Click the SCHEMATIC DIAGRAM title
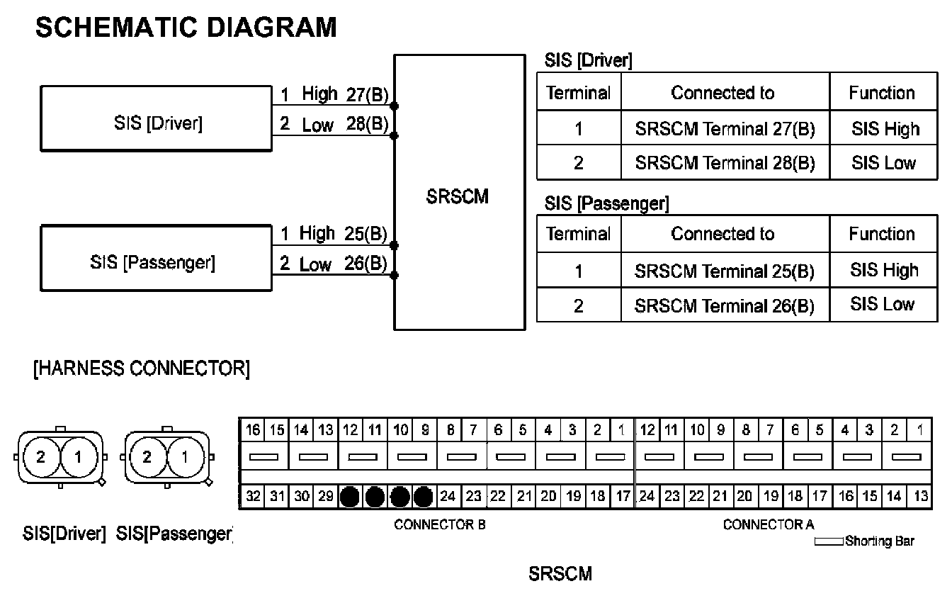click(186, 28)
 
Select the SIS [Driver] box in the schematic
click(156, 124)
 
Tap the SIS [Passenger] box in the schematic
click(156, 263)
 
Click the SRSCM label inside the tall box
click(458, 197)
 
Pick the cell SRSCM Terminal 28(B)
click(725, 163)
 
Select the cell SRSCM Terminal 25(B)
click(725, 271)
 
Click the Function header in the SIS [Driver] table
click(882, 93)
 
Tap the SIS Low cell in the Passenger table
click(883, 305)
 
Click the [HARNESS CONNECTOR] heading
click(141, 369)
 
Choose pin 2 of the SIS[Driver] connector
click(40, 457)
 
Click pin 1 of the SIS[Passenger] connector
click(186, 457)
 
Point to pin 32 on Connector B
click(253, 497)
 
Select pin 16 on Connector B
click(253, 429)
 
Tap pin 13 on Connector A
click(920, 497)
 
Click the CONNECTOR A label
click(769, 525)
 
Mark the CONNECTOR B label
click(439, 525)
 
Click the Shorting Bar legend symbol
click(828, 542)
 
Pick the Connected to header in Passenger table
click(722, 234)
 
